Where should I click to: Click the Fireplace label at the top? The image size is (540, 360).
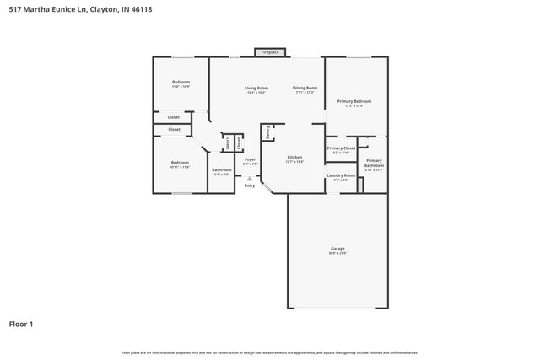click(x=270, y=52)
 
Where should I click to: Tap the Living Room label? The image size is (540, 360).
click(x=256, y=88)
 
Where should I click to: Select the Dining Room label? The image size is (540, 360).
click(x=305, y=88)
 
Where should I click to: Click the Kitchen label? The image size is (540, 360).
click(x=294, y=158)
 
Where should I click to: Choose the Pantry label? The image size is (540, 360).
click(x=267, y=132)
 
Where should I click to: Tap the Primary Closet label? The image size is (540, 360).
click(x=340, y=148)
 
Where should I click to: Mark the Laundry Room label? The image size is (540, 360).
click(x=342, y=175)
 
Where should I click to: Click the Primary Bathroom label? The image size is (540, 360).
click(x=374, y=161)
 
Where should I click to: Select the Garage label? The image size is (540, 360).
click(x=337, y=249)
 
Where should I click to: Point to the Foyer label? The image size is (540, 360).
click(x=250, y=159)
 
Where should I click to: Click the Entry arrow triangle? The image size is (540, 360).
click(x=249, y=178)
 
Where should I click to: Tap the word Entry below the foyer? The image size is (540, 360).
click(x=250, y=185)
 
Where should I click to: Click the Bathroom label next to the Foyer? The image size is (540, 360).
click(x=222, y=169)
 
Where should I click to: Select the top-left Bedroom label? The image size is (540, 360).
click(x=181, y=82)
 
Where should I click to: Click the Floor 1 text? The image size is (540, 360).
click(x=21, y=323)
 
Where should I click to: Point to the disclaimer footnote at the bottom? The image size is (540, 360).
click(x=270, y=352)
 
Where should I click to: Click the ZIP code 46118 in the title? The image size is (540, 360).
click(x=130, y=9)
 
